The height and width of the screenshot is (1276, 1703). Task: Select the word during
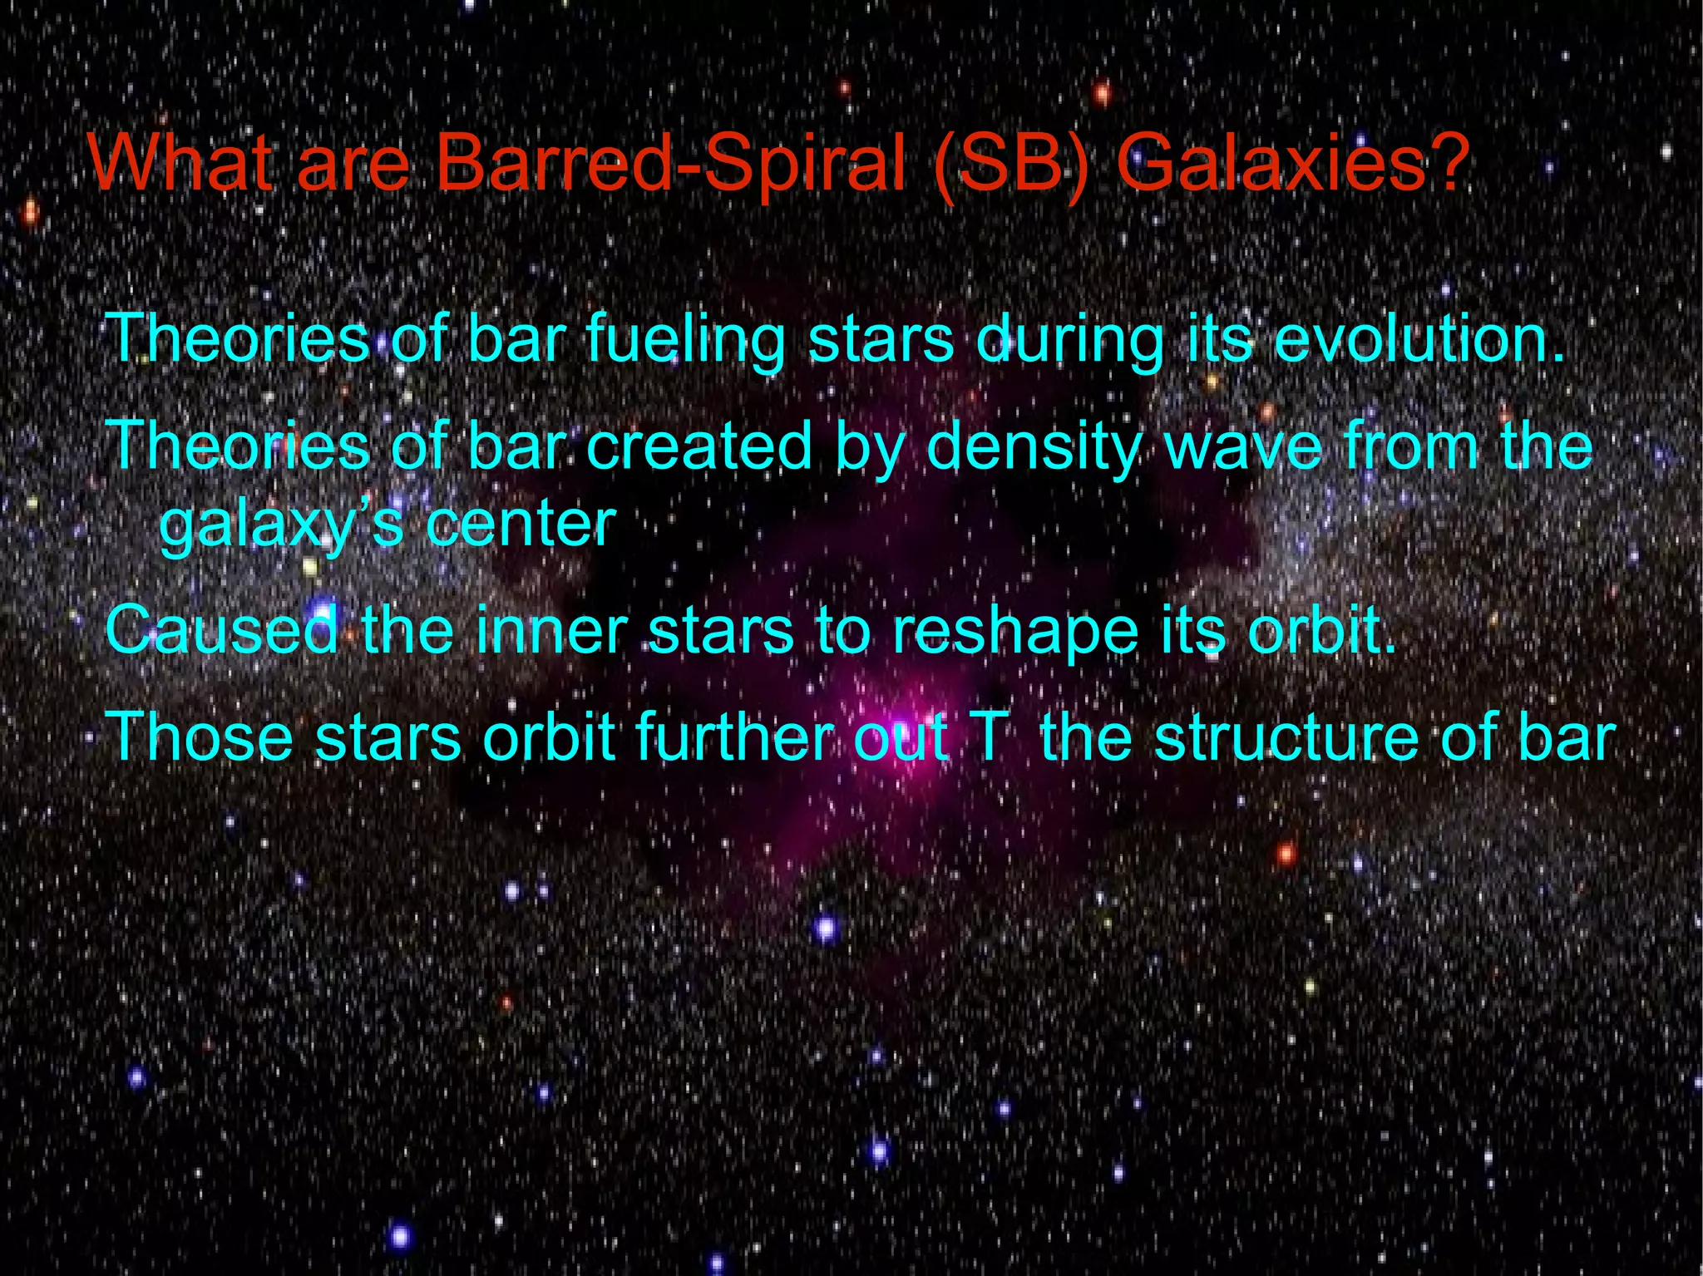(x=1069, y=341)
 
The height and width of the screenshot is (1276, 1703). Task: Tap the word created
(x=698, y=446)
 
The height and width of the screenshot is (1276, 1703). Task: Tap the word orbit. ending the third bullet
(x=1322, y=630)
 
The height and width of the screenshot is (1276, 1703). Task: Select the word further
(x=734, y=737)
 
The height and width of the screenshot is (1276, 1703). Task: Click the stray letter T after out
(x=989, y=737)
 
